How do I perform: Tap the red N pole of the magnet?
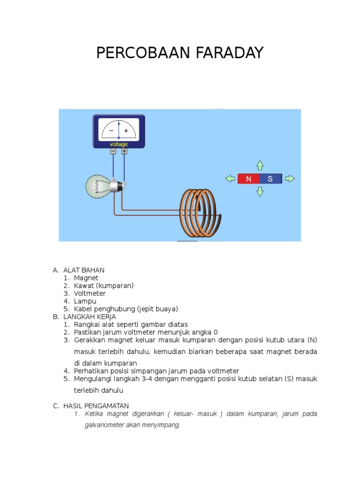click(x=248, y=179)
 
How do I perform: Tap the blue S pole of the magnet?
click(x=270, y=179)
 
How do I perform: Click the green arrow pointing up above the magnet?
click(x=260, y=165)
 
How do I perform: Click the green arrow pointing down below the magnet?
click(x=260, y=192)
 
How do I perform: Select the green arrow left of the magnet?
click(x=230, y=179)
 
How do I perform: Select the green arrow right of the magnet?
click(x=290, y=179)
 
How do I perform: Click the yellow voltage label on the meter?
click(x=119, y=144)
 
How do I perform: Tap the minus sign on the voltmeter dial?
click(x=111, y=131)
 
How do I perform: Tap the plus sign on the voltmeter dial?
click(x=126, y=131)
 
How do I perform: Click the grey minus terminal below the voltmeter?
click(x=113, y=151)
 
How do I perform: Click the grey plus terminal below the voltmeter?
click(x=124, y=151)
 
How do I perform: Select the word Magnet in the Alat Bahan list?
click(x=86, y=278)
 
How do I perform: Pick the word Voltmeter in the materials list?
click(x=90, y=293)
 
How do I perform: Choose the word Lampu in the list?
click(x=85, y=301)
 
